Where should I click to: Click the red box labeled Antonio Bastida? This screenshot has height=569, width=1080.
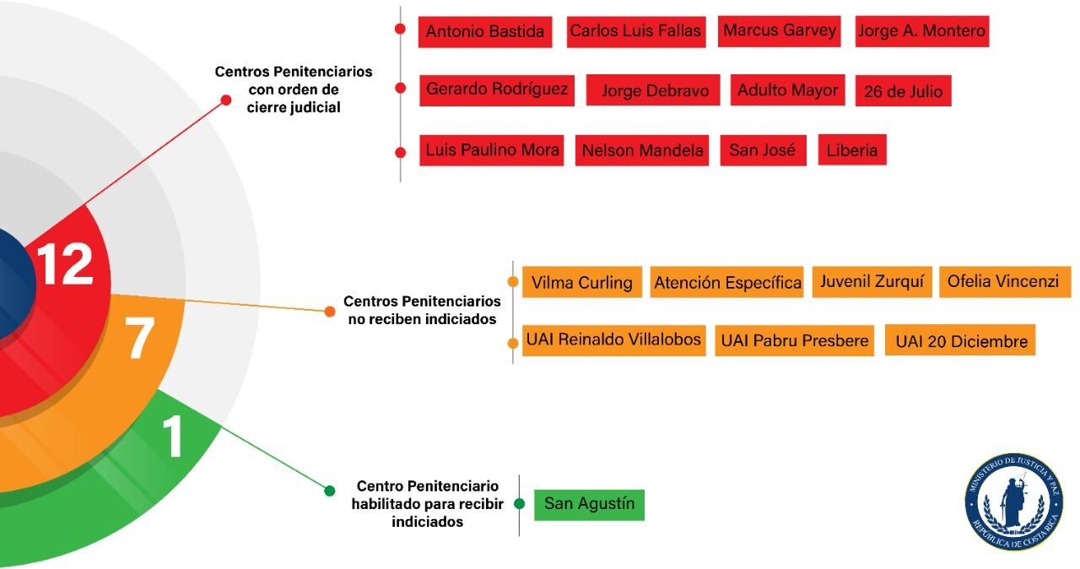click(485, 32)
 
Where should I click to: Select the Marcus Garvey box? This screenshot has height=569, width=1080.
click(780, 31)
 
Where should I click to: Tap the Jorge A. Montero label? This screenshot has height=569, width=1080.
click(921, 31)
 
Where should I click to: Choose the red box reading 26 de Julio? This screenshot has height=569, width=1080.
click(903, 91)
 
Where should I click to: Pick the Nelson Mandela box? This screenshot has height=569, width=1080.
click(642, 151)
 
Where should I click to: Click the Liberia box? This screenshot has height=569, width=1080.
click(851, 151)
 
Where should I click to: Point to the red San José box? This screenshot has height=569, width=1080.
click(763, 150)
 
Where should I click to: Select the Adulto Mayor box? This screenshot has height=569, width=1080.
click(787, 90)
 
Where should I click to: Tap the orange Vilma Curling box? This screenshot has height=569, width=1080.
click(581, 282)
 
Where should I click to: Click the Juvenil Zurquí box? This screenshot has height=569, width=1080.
click(872, 281)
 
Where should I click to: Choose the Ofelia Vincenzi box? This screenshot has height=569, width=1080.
click(1004, 281)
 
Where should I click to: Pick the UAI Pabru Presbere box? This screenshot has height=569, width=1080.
click(794, 341)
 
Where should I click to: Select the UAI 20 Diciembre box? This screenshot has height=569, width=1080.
click(961, 341)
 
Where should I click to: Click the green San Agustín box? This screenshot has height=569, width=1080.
click(589, 505)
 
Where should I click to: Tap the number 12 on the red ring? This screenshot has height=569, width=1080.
click(65, 265)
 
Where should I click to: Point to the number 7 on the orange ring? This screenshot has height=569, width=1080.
click(139, 339)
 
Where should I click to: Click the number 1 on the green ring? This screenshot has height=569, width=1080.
click(173, 437)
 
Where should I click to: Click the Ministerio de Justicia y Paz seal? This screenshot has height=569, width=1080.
click(1013, 502)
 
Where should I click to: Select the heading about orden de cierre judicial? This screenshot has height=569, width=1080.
click(293, 89)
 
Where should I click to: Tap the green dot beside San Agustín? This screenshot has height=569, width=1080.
click(520, 504)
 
